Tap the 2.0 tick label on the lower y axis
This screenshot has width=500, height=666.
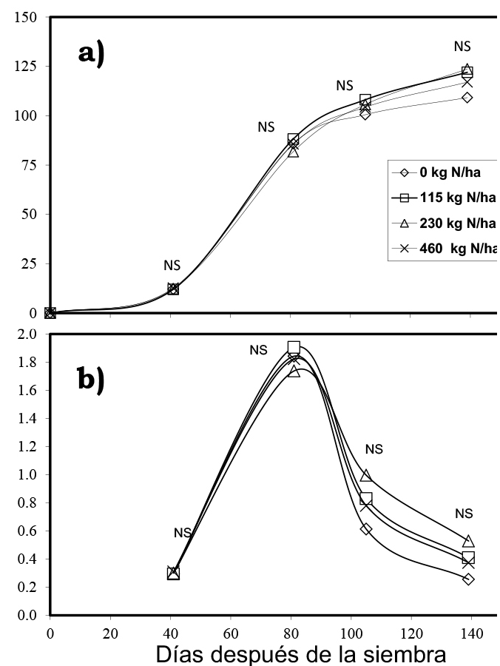coord(27,334)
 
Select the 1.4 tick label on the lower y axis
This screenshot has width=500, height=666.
coord(27,419)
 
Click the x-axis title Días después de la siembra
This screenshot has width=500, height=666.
coord(301,654)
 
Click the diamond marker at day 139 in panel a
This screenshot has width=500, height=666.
coord(467,97)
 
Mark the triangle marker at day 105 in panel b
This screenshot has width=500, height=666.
coord(366,475)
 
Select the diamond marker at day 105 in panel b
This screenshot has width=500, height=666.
coord(366,529)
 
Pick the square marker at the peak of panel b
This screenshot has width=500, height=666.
coord(294,347)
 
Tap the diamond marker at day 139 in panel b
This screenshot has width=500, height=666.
coord(468,579)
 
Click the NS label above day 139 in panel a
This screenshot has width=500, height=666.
coord(462,47)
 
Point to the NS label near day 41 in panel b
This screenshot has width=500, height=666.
coord(183,533)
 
